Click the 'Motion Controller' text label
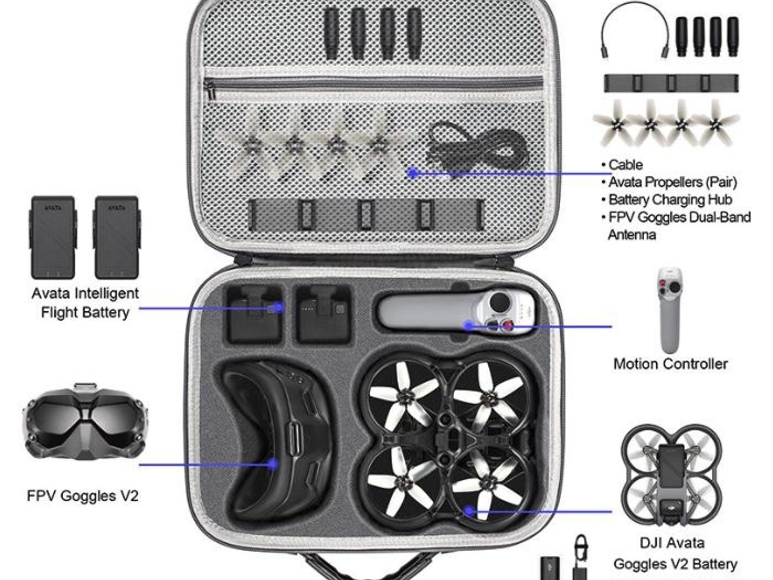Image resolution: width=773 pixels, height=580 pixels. pyautogui.click(x=670, y=364)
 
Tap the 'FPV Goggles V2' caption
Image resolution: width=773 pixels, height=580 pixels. pyautogui.click(x=82, y=495)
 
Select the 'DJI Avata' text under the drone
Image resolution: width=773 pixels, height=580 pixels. pyautogui.click(x=671, y=543)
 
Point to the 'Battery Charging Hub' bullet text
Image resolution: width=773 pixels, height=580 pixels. pyautogui.click(x=670, y=199)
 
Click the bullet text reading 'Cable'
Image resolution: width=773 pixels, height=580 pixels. pyautogui.click(x=625, y=165)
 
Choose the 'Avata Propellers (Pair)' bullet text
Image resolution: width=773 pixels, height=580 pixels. pyautogui.click(x=673, y=182)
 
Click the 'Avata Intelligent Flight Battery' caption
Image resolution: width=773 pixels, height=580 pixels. pyautogui.click(x=85, y=303)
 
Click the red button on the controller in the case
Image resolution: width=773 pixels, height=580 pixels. pyautogui.click(x=509, y=326)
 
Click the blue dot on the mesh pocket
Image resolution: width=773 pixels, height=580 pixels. pyautogui.click(x=412, y=173)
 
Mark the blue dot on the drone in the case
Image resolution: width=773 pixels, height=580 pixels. pyautogui.click(x=469, y=511)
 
